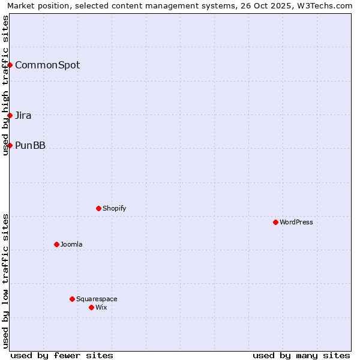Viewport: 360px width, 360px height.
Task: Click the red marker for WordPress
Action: pyautogui.click(x=275, y=222)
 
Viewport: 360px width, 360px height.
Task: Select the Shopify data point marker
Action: pyautogui.click(x=98, y=208)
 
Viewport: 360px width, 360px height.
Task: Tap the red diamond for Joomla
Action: pyautogui.click(x=56, y=244)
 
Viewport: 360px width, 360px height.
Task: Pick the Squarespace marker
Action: pyautogui.click(x=72, y=299)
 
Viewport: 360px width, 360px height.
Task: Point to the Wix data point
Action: pyautogui.click(x=91, y=307)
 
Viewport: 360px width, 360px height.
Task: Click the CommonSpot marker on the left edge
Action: pyautogui.click(x=10, y=65)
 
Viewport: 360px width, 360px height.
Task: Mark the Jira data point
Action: pyautogui.click(x=10, y=115)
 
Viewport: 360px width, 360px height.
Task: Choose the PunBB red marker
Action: pyautogui.click(x=10, y=145)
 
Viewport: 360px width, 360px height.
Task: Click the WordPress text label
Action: pyautogui.click(x=296, y=222)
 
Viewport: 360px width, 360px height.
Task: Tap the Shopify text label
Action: pyautogui.click(x=115, y=208)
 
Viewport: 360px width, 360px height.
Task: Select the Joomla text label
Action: pyautogui.click(x=71, y=244)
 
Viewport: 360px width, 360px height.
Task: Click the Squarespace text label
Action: pyautogui.click(x=97, y=299)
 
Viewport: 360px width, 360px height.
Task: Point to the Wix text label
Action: pyautogui.click(x=101, y=307)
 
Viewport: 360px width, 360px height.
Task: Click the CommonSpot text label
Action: pyautogui.click(x=47, y=65)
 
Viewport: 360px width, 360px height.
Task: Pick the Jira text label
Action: pyautogui.click(x=23, y=115)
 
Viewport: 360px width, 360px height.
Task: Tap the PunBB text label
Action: pyautogui.click(x=30, y=145)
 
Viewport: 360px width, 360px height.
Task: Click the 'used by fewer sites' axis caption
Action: pyautogui.click(x=62, y=355)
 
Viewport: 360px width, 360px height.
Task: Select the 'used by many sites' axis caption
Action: pyautogui.click(x=301, y=355)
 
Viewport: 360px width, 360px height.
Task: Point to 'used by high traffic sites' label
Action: pyautogui.click(x=6, y=85)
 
